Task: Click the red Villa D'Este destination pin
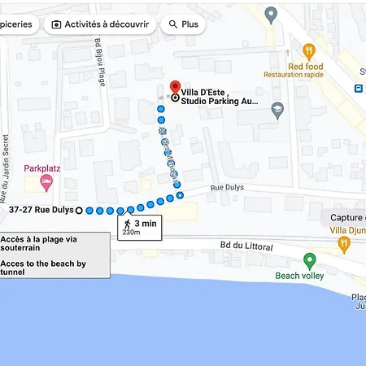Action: (x=174, y=86)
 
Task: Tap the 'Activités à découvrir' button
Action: (x=101, y=24)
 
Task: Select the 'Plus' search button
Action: (x=184, y=24)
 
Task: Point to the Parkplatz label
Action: (x=43, y=168)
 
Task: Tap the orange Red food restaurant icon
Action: (x=308, y=50)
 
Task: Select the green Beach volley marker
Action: (x=309, y=260)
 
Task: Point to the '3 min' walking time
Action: (x=146, y=223)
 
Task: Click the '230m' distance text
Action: (x=131, y=233)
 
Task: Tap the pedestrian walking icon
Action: (x=127, y=223)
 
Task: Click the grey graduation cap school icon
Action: (x=278, y=107)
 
